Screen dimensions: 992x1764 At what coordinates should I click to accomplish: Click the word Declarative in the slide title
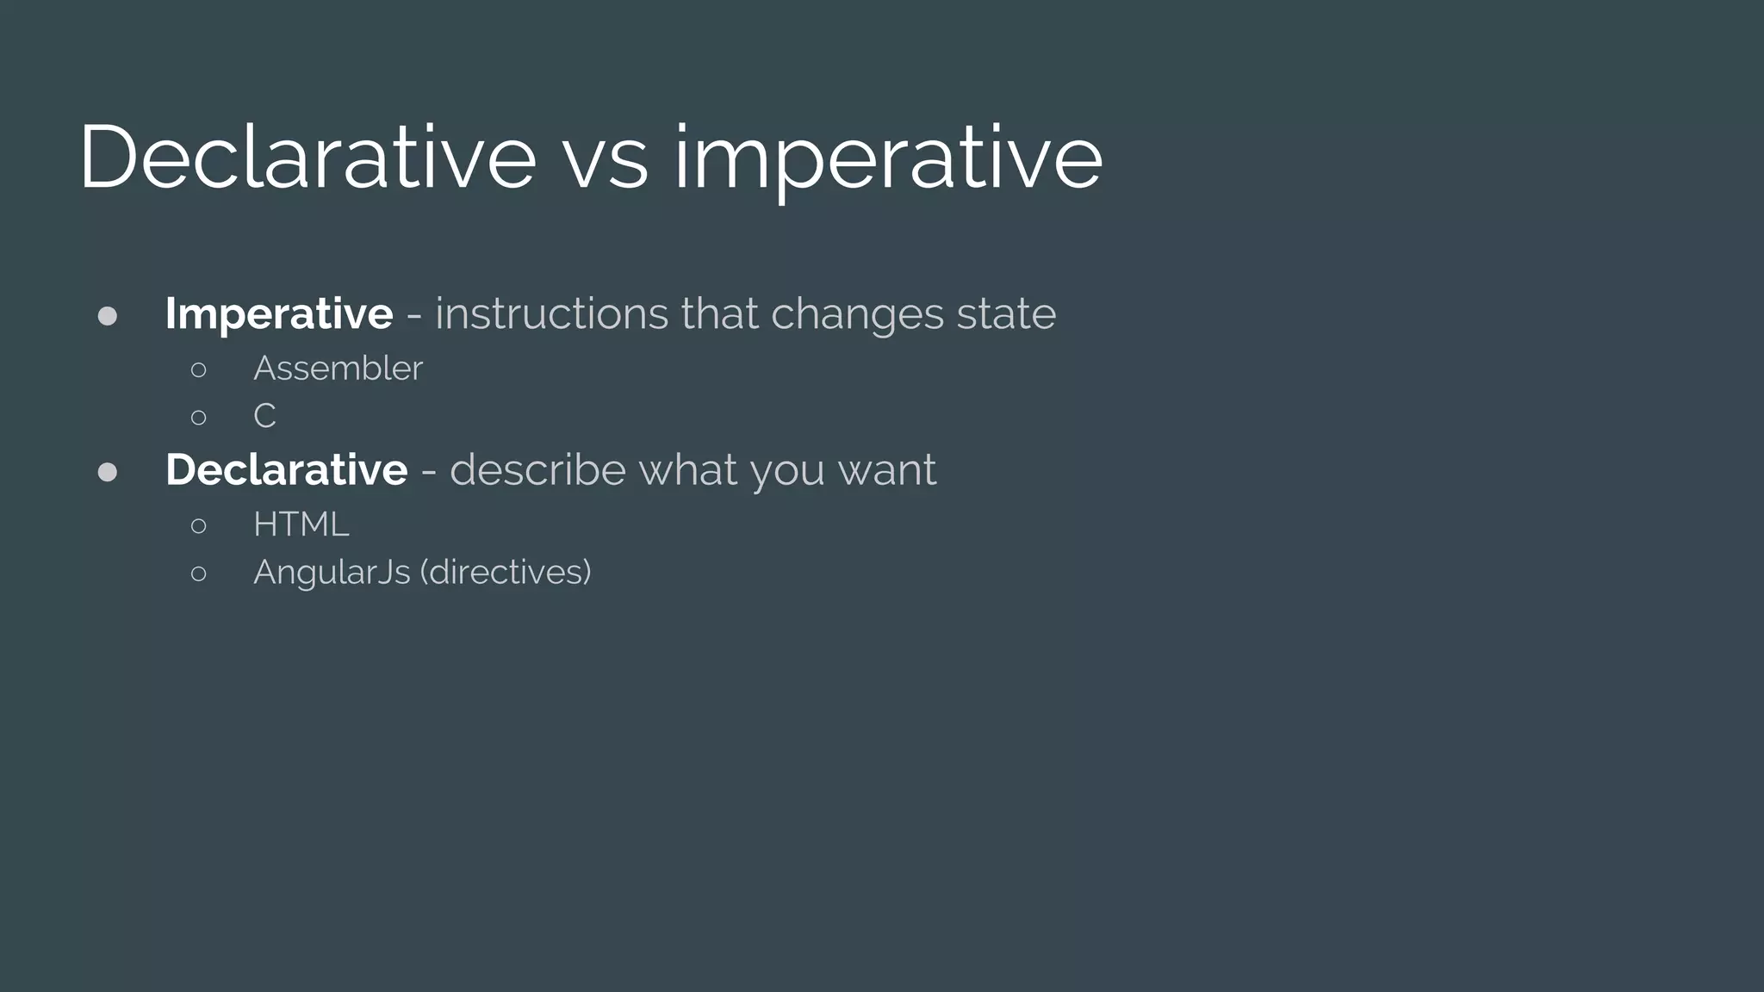tap(307, 157)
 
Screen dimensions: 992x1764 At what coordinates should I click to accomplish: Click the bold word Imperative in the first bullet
tap(279, 313)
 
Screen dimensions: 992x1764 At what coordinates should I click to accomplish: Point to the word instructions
tap(551, 313)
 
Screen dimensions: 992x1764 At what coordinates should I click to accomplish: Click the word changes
tap(857, 315)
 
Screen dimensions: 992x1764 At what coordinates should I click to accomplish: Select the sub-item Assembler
tap(338, 369)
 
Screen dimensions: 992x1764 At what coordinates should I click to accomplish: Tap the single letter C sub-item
tap(264, 417)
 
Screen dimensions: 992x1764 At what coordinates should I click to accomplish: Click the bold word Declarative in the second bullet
tap(287, 470)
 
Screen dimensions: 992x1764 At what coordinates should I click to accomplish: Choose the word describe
tap(537, 470)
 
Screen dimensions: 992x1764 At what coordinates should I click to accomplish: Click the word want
tap(887, 471)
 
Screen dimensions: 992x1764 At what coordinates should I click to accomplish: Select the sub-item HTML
tap(301, 524)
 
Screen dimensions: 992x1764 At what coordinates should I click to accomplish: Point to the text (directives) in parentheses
tap(506, 573)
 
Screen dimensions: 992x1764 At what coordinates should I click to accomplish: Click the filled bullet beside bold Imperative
tap(108, 316)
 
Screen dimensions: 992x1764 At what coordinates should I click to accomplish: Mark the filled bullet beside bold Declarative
tap(108, 472)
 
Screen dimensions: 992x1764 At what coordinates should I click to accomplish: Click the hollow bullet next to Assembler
tap(199, 370)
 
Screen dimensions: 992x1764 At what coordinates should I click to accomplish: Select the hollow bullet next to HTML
tap(199, 525)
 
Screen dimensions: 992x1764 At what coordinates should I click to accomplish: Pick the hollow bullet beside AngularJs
tap(199, 573)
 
